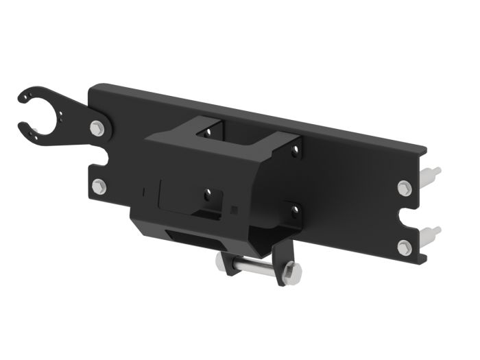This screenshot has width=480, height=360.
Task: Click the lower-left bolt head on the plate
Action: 99,185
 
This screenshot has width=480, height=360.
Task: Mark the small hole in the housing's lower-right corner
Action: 293,207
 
